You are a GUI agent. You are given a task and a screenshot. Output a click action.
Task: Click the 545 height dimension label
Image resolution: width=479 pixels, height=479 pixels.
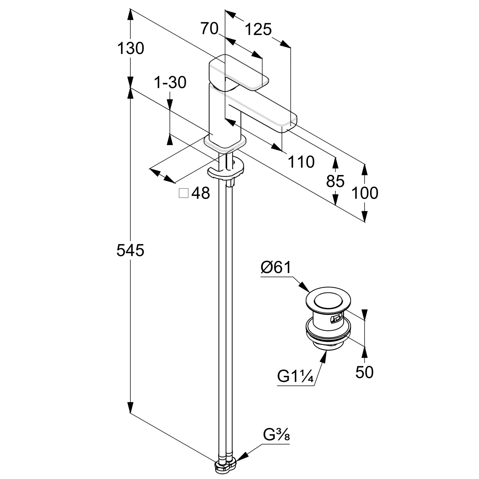click(130, 250)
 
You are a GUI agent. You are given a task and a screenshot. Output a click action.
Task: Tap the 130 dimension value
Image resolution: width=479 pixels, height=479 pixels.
click(131, 49)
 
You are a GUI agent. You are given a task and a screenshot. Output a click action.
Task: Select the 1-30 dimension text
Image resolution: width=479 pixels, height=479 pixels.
click(170, 83)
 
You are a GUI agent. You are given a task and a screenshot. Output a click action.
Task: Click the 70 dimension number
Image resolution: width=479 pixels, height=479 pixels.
click(209, 29)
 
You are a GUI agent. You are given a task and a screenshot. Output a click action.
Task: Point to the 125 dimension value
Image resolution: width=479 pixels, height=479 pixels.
click(258, 30)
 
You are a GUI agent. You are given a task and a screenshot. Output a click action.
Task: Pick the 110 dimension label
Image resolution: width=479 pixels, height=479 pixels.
click(301, 162)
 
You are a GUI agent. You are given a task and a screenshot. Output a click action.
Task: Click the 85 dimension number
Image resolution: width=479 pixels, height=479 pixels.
click(335, 181)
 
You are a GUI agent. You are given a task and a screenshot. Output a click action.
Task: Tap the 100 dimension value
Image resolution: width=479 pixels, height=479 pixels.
click(365, 193)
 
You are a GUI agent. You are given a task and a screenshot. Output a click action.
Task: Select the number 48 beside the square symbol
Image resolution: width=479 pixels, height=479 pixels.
click(201, 193)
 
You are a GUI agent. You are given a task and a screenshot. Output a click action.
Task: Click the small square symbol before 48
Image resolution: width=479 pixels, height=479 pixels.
click(184, 193)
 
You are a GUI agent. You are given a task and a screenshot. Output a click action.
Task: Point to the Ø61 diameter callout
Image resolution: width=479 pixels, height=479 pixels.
click(276, 268)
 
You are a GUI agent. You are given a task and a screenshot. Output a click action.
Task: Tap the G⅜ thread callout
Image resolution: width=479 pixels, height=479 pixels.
click(277, 435)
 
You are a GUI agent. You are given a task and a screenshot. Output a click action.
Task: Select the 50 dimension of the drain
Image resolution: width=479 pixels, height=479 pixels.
click(364, 372)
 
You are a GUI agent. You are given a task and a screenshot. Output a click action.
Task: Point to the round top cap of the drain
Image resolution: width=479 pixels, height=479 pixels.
click(328, 302)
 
